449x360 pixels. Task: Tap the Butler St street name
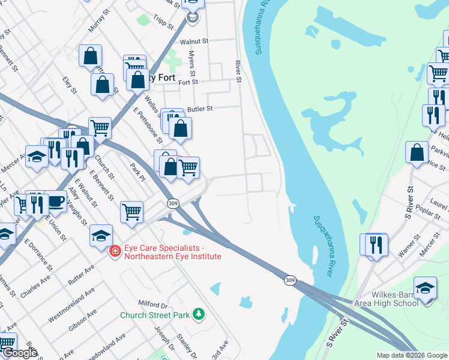(x=200, y=109)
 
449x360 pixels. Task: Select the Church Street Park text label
(x=155, y=314)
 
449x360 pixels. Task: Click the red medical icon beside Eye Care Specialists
(x=113, y=251)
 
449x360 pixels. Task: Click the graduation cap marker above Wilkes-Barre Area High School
(x=425, y=287)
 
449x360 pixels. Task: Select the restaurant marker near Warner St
(x=377, y=244)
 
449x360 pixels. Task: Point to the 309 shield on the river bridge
(x=290, y=280)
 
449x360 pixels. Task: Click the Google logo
(x=20, y=353)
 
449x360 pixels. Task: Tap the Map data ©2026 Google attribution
(x=412, y=355)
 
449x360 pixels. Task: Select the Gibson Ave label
(x=83, y=321)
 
